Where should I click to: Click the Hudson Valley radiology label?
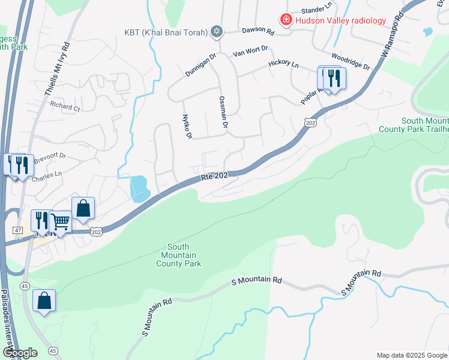(340, 20)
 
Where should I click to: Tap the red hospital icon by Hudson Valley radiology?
(286, 20)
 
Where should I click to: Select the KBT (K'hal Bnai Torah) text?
(166, 31)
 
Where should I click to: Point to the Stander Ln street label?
(316, 10)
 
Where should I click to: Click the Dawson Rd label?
(258, 30)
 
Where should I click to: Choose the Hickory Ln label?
(284, 63)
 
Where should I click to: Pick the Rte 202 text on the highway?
(215, 176)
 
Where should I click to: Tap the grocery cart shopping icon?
(60, 222)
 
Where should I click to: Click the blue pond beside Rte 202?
(139, 188)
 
